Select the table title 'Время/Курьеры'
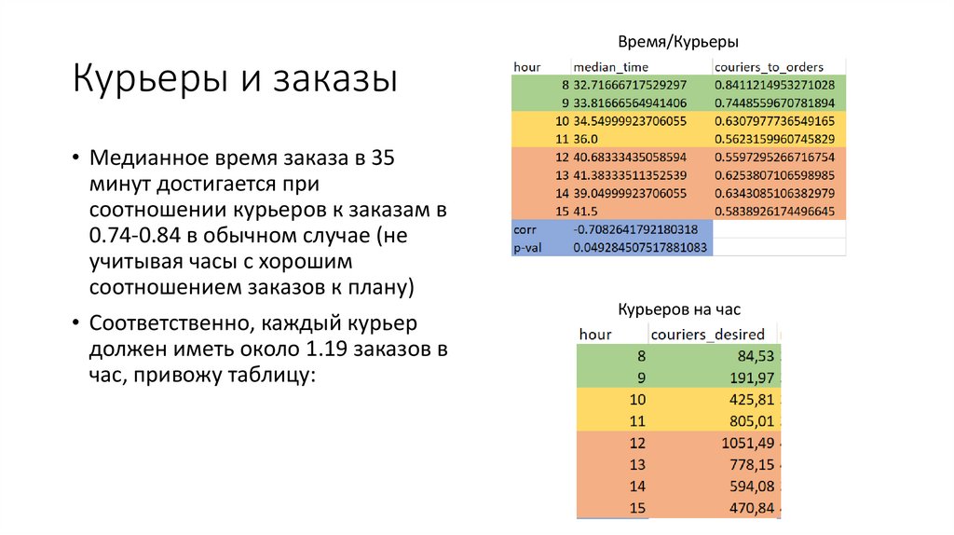[x=679, y=42]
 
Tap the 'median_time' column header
[x=610, y=67]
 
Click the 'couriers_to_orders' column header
[x=769, y=67]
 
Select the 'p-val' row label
[x=526, y=247]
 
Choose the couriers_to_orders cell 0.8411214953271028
[x=774, y=85]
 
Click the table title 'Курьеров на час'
[x=679, y=309]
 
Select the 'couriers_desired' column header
[x=708, y=334]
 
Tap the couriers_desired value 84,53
[x=756, y=355]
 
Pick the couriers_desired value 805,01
[x=750, y=420]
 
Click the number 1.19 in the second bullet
[x=323, y=350]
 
